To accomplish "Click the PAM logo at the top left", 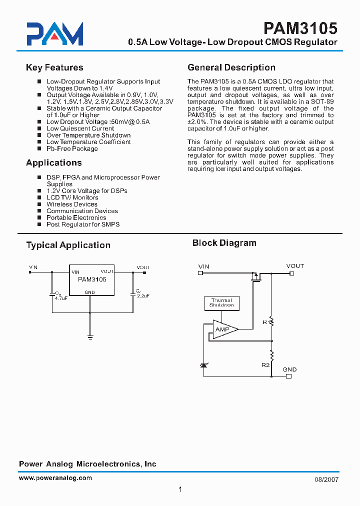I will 55,34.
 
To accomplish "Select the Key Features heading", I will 54,67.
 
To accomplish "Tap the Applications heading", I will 53,162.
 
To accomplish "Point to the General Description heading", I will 231,67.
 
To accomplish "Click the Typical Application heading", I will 68,245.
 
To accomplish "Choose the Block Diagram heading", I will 224,243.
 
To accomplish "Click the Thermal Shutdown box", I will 221,302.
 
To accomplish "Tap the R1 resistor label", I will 266,322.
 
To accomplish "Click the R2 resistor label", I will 265,365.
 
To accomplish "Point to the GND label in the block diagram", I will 289,369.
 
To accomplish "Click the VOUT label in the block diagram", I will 295,266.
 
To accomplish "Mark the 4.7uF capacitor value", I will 61,298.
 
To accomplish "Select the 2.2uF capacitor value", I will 143,296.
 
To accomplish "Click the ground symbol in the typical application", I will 90,337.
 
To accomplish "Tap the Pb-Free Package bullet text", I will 72,148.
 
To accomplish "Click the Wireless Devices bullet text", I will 72,204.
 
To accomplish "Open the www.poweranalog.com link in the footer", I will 55,478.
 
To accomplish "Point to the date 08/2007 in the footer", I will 327,479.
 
